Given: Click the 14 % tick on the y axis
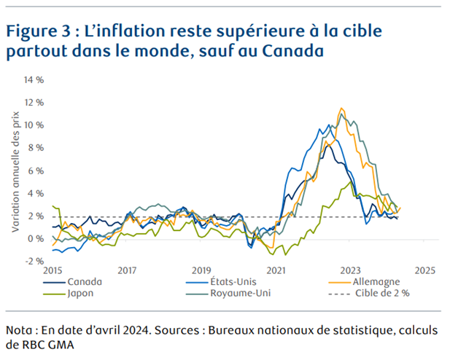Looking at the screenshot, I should click(x=33, y=79).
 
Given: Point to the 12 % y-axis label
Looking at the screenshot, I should click(x=33, y=102).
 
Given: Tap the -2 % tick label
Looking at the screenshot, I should click(x=33, y=261).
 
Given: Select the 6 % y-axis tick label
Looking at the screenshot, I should click(x=35, y=170).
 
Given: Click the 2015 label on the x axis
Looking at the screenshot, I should click(x=52, y=270).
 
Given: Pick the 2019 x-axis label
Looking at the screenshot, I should click(x=201, y=270).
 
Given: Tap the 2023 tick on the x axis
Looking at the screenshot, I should click(x=351, y=270).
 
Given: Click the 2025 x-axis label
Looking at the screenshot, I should click(x=425, y=270).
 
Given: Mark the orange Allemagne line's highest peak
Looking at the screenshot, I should click(x=341, y=109).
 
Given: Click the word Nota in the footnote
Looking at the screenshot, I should click(x=20, y=329).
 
